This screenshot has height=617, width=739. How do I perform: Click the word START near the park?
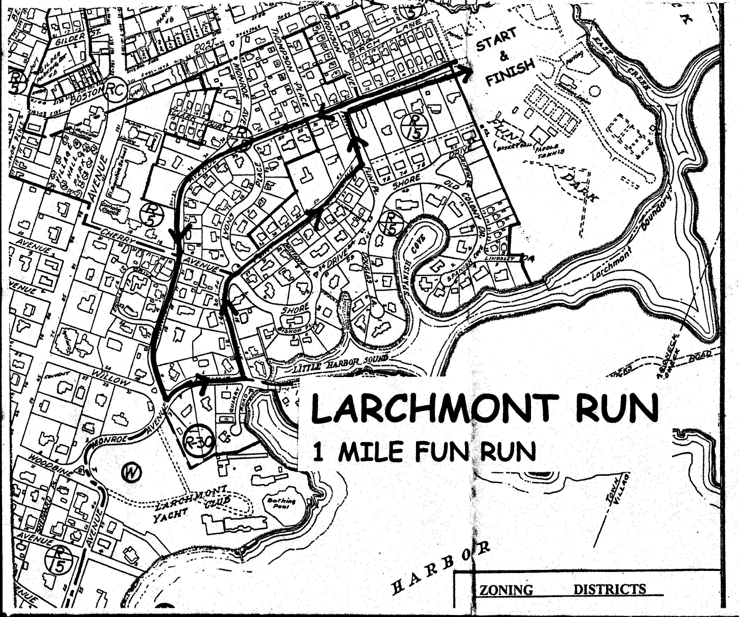point(496,40)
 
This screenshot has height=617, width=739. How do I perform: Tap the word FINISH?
point(511,73)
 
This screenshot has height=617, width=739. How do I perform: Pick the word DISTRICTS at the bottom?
point(610,589)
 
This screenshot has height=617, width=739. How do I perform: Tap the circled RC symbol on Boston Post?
point(117,90)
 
